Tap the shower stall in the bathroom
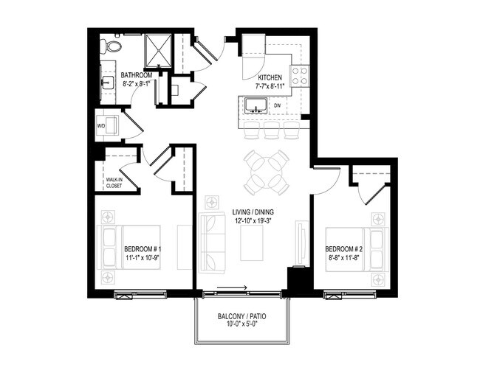157,49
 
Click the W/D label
102,126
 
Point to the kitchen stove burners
300,74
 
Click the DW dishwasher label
277,105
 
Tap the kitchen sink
256,109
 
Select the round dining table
267,170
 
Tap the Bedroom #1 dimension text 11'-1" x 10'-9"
143,258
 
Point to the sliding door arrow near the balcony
238,290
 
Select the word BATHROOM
137,75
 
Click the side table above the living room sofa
213,200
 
